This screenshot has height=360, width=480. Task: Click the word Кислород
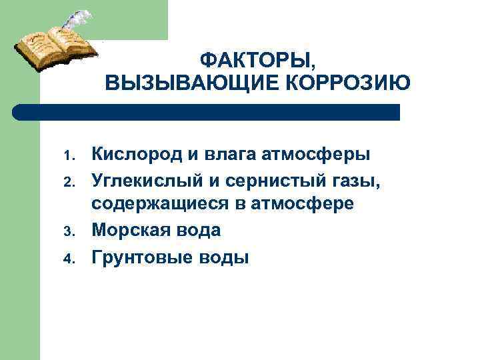pyautogui.click(x=137, y=155)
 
